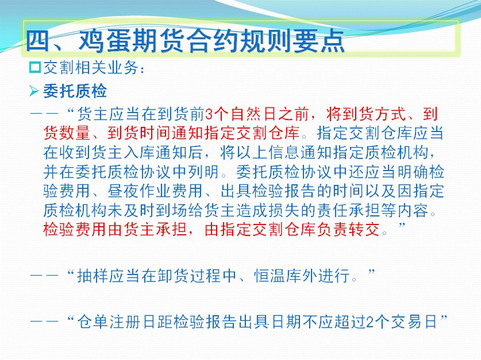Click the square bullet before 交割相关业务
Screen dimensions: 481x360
click(35, 67)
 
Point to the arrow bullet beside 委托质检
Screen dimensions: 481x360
click(34, 91)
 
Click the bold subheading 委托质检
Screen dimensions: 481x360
click(75, 91)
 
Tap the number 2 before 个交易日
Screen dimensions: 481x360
click(370, 322)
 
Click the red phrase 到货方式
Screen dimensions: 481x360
click(374, 114)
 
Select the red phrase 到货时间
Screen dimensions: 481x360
click(140, 133)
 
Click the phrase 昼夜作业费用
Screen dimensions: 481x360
click(156, 191)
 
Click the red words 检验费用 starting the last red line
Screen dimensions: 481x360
click(75, 230)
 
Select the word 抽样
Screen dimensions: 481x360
click(93, 276)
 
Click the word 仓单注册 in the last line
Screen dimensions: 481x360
click(109, 322)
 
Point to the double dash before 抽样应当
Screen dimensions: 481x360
click(44, 276)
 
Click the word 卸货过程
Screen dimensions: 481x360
click(190, 276)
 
